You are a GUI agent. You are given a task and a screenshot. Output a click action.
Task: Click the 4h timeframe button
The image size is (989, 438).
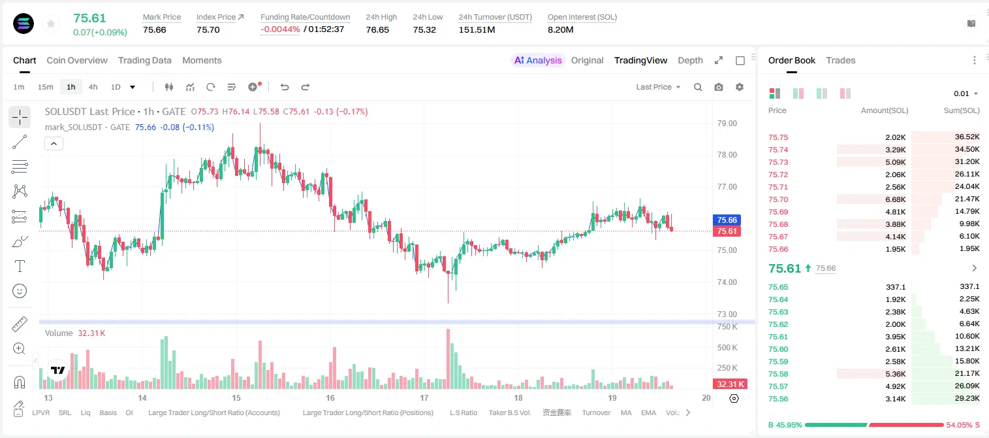point(93,87)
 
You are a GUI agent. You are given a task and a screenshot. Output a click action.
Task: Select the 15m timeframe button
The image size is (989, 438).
point(45,87)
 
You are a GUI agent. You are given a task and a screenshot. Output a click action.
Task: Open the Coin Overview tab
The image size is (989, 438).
point(77,60)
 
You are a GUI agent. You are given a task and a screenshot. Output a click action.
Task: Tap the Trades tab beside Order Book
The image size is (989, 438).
point(840,60)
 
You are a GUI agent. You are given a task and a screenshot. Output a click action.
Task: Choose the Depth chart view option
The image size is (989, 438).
point(690,60)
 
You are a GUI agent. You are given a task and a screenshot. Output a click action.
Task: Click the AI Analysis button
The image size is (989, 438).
point(537,60)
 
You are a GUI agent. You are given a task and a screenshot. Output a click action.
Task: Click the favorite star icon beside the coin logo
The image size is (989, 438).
point(51,24)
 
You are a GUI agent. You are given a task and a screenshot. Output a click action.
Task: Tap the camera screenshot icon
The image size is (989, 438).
point(718,87)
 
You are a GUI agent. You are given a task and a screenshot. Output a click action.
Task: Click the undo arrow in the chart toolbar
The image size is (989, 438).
point(285,87)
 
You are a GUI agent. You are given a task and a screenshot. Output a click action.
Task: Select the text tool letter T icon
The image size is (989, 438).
point(20,266)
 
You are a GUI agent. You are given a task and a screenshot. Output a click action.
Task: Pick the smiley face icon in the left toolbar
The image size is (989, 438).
point(20,291)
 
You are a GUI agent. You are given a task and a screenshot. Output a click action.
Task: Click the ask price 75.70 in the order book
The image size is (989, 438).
point(778,199)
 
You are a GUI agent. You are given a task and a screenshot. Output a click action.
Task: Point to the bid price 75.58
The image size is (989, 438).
point(778,374)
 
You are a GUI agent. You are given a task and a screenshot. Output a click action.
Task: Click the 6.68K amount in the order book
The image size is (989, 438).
point(895,199)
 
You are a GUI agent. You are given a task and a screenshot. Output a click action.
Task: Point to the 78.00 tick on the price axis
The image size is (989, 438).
point(727,155)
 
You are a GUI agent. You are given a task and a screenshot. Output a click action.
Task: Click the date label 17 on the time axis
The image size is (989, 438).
point(424,397)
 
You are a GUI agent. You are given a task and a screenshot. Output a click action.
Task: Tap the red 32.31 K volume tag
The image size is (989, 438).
point(729,384)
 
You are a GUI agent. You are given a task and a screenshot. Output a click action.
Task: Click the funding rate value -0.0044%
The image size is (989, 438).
point(280,29)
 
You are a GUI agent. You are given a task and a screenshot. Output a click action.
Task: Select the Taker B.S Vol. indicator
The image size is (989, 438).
point(509,413)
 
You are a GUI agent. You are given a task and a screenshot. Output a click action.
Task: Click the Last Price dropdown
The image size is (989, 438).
point(658,87)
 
